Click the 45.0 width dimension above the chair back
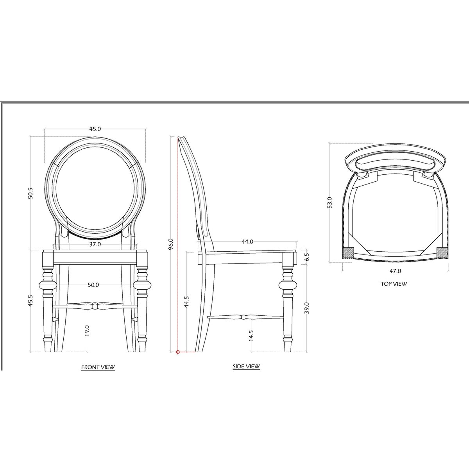[x=95, y=129]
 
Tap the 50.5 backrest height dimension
[x=31, y=193]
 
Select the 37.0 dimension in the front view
[x=95, y=244]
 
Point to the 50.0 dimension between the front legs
[x=93, y=285]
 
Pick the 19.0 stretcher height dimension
[x=87, y=331]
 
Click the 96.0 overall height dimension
[x=171, y=244]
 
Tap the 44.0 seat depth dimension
[x=247, y=242]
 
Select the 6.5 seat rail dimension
[x=307, y=257]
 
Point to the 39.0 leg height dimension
[x=307, y=308]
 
